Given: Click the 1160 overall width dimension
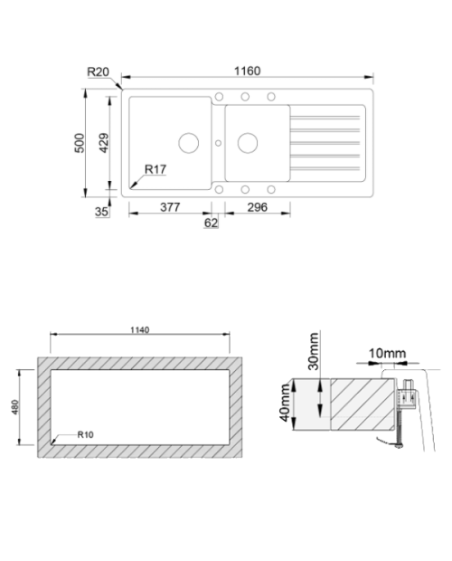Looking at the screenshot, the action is pos(247,71).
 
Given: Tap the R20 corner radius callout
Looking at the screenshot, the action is pos(98,71).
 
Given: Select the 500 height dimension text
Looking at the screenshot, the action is pos(80,143).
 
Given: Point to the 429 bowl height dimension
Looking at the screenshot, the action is pos(104,143).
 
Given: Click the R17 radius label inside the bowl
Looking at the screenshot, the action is pos(155,169).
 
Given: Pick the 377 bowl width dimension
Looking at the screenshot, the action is pos(170,207).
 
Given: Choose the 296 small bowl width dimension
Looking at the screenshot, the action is pos(258,207).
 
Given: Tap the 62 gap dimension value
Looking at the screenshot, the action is pos(211,223).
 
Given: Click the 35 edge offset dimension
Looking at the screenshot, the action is pos(101,212).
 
